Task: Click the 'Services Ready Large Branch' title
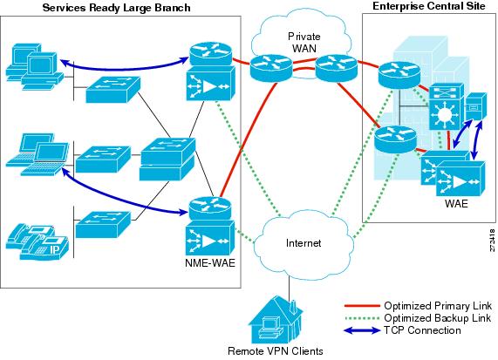point(116,8)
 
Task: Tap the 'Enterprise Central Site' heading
point(429,6)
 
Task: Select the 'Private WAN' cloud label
point(304,42)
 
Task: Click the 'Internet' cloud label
point(304,243)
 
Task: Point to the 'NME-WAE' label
point(210,263)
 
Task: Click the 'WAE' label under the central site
point(456,203)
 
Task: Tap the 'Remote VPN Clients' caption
point(276,351)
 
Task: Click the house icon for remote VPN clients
point(276,320)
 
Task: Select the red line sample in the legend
point(363,306)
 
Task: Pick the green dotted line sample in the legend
point(363,318)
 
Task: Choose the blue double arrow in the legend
point(363,330)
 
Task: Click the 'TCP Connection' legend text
point(422,330)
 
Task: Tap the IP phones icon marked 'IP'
point(38,242)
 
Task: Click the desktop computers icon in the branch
point(35,66)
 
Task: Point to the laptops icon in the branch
point(38,154)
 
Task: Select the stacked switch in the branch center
point(167,160)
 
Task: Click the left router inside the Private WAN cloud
point(271,68)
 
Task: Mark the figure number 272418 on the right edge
point(492,240)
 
